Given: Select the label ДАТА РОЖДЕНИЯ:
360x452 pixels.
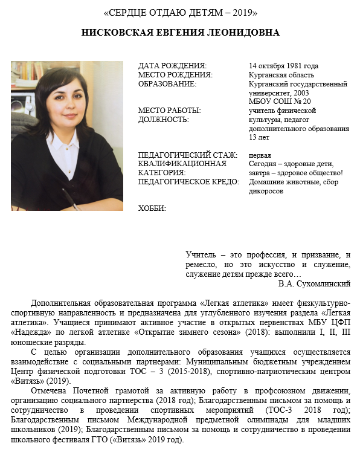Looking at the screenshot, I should [x=172, y=66].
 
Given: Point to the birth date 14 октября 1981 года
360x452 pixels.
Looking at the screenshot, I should [x=283, y=66].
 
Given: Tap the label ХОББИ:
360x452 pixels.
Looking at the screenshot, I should [x=152, y=208].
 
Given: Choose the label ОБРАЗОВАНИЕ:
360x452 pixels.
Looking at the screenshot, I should [x=167, y=84].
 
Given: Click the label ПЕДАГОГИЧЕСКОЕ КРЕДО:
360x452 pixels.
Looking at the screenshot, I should [x=188, y=181].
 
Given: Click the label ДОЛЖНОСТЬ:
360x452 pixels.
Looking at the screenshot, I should [x=163, y=120].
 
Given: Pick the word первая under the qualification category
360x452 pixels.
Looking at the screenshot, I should [x=260, y=155].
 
